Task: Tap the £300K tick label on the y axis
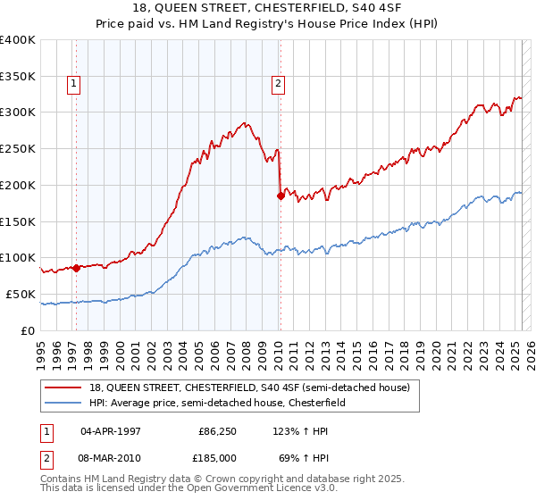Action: (18, 112)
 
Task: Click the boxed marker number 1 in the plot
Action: (73, 85)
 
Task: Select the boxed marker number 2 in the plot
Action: (279, 85)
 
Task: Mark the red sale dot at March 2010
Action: (281, 196)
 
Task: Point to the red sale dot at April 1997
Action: (76, 267)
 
